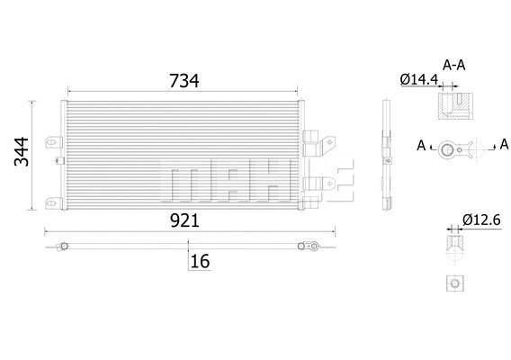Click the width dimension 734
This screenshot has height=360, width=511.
coord(184,80)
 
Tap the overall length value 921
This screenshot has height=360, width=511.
coord(184,220)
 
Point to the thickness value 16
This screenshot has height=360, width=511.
coord(200,262)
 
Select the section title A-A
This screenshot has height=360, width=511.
coord(454,65)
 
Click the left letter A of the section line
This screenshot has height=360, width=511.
coord(421,144)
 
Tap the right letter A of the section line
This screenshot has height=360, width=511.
coord(504,144)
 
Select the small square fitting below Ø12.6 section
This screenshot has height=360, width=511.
coord(454,283)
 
